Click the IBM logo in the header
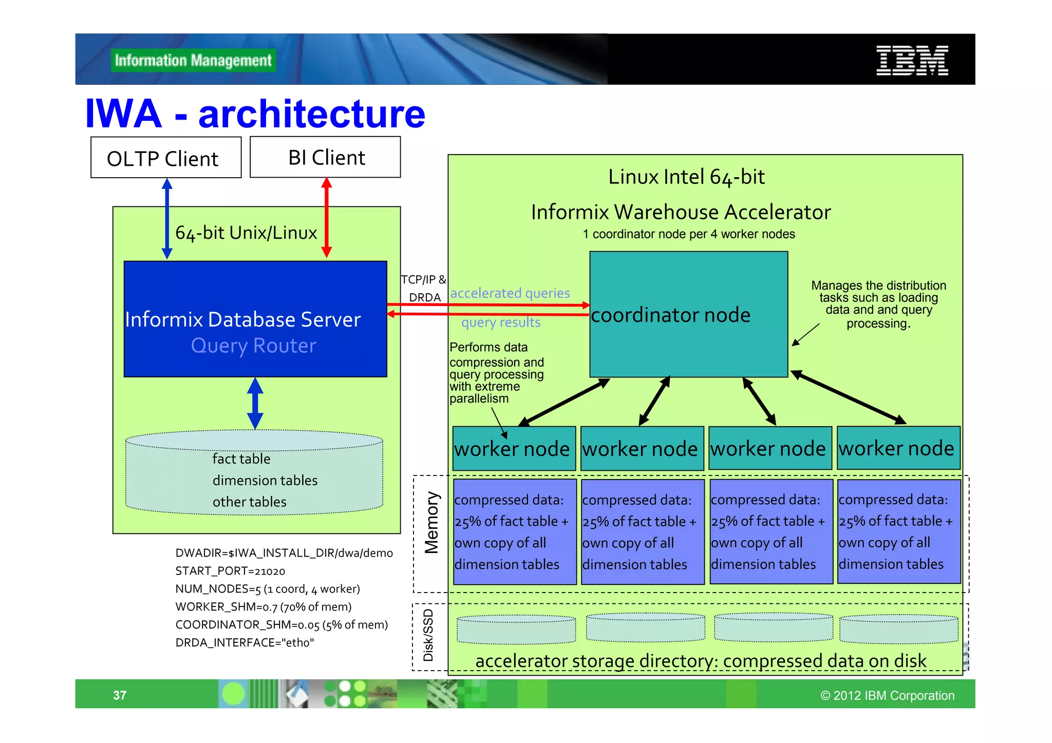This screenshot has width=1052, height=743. coord(912,61)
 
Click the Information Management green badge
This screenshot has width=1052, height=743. coord(193,61)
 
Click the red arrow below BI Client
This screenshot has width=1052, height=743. coord(326,218)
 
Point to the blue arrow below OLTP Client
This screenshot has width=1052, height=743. coord(167,218)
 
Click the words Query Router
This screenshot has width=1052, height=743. coord(253,346)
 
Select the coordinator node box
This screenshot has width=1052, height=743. coord(688,314)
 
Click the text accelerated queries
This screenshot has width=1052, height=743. coord(510,293)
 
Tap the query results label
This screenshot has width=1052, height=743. coord(501,322)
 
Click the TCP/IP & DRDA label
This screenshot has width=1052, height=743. coord(424,288)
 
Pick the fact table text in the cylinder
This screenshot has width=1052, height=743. coord(241,459)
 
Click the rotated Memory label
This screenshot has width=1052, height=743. coord(431,523)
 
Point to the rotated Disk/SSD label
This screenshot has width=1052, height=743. coord(428,635)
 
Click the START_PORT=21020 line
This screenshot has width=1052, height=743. coord(230,571)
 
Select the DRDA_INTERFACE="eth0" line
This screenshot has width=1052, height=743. coord(245,643)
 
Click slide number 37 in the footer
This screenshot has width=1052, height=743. coord(120,695)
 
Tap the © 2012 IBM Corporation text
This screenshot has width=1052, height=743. coord(887,695)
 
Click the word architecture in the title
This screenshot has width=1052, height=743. coord(311,114)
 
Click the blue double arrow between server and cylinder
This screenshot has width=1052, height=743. coord(255,404)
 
